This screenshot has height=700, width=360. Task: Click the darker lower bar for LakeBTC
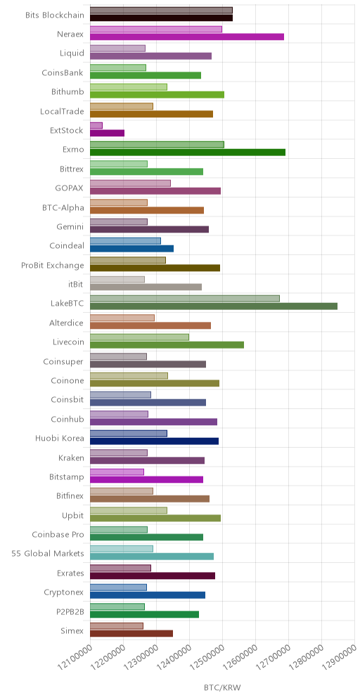pyautogui.click(x=214, y=306)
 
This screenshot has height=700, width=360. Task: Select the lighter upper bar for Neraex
pyautogui.click(x=156, y=30)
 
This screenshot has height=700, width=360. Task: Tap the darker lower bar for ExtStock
pyautogui.click(x=107, y=133)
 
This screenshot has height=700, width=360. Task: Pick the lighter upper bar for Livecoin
pyautogui.click(x=139, y=337)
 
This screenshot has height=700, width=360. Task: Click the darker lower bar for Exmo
pyautogui.click(x=188, y=153)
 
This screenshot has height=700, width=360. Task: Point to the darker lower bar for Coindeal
pyautogui.click(x=131, y=249)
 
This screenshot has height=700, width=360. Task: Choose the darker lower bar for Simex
pyautogui.click(x=131, y=633)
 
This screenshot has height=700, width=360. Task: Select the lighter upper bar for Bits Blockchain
pyautogui.click(x=161, y=11)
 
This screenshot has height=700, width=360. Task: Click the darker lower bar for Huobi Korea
pyautogui.click(x=155, y=441)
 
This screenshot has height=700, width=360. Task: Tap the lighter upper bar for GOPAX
pyautogui.click(x=130, y=183)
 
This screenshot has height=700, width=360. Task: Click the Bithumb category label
pyautogui.click(x=67, y=91)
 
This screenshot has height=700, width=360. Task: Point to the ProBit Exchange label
pyautogui.click(x=53, y=265)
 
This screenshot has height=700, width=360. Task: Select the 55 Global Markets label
pyautogui.click(x=48, y=554)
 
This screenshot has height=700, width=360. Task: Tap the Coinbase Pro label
pyautogui.click(x=58, y=534)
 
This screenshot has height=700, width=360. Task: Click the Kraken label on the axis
pyautogui.click(x=72, y=458)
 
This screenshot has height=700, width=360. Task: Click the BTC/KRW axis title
pyautogui.click(x=222, y=687)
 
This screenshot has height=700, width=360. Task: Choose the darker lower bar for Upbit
pyautogui.click(x=155, y=518)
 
